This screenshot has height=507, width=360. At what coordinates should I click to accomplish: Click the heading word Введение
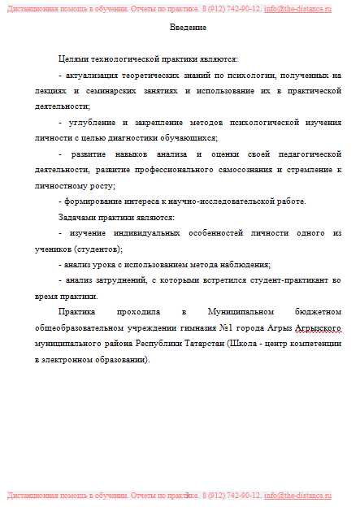[188, 28]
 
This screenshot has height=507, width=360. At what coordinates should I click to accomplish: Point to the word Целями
[74, 59]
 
